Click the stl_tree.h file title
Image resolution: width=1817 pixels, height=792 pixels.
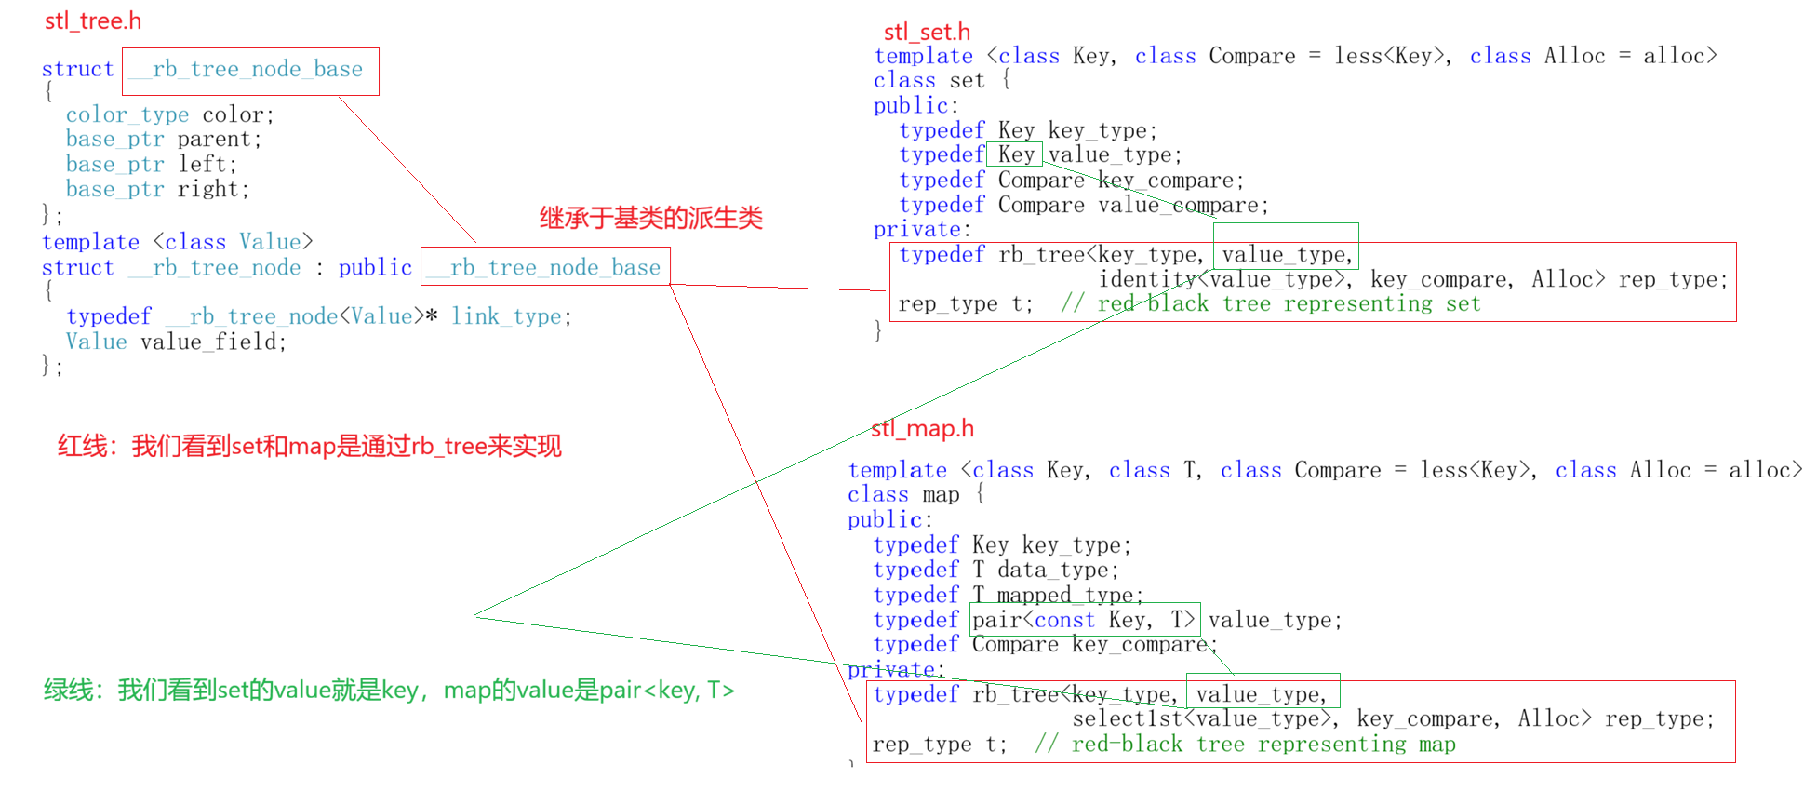pyautogui.click(x=93, y=20)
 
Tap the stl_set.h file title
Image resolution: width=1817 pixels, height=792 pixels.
pyautogui.click(x=927, y=32)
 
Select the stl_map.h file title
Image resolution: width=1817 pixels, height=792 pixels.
pyautogui.click(x=922, y=428)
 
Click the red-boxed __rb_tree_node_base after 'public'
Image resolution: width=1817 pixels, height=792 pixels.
pyautogui.click(x=545, y=267)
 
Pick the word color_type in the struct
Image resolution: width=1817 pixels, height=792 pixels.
pyautogui.click(x=127, y=114)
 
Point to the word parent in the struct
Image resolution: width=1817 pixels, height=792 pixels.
pyautogui.click(x=220, y=140)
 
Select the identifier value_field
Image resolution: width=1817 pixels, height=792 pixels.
pyautogui.click(x=213, y=342)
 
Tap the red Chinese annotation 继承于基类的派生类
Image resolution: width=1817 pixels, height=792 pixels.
pyautogui.click(x=650, y=218)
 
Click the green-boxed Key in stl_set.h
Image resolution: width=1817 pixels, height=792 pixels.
pyautogui.click(x=1015, y=154)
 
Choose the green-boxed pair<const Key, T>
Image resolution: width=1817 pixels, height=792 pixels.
pyautogui.click(x=1084, y=620)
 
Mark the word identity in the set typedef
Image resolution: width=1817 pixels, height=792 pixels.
pyautogui.click(x=1147, y=279)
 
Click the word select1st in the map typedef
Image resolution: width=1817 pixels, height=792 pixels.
pyautogui.click(x=1127, y=718)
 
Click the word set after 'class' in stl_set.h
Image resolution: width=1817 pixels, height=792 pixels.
pyautogui.click(x=967, y=81)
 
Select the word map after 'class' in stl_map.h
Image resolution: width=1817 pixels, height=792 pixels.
pyautogui.click(x=941, y=495)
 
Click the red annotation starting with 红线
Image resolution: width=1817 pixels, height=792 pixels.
pyautogui.click(x=309, y=446)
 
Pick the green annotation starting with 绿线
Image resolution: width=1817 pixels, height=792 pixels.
pyautogui.click(x=389, y=690)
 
